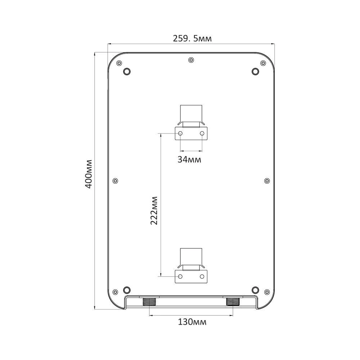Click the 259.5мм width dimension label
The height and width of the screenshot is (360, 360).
192,39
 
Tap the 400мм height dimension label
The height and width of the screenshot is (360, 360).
89,174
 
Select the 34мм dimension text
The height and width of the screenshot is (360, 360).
189,159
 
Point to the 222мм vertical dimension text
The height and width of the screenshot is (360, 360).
154,211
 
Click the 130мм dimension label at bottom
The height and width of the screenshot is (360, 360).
192,322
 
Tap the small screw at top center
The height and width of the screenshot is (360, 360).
191,60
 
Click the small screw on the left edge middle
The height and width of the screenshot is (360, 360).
116,181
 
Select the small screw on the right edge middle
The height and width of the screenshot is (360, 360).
267,181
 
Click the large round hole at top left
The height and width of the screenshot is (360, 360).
127,71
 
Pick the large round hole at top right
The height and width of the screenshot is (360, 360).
255,71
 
